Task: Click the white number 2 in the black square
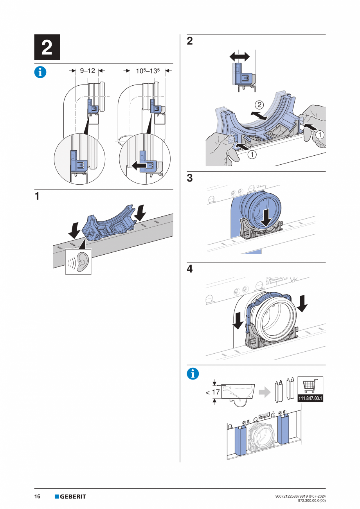tap(47, 47)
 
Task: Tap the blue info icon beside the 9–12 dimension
tap(40, 72)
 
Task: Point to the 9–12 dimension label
tap(88, 71)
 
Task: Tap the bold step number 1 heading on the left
tap(37, 197)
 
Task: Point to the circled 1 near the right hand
tap(320, 134)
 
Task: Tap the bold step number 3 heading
tap(190, 178)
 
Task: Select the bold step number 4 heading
tap(190, 269)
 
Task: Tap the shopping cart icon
tap(310, 386)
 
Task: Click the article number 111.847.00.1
tap(311, 399)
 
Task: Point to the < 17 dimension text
tap(213, 392)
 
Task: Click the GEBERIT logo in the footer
tap(70, 497)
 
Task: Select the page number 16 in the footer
tap(38, 497)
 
